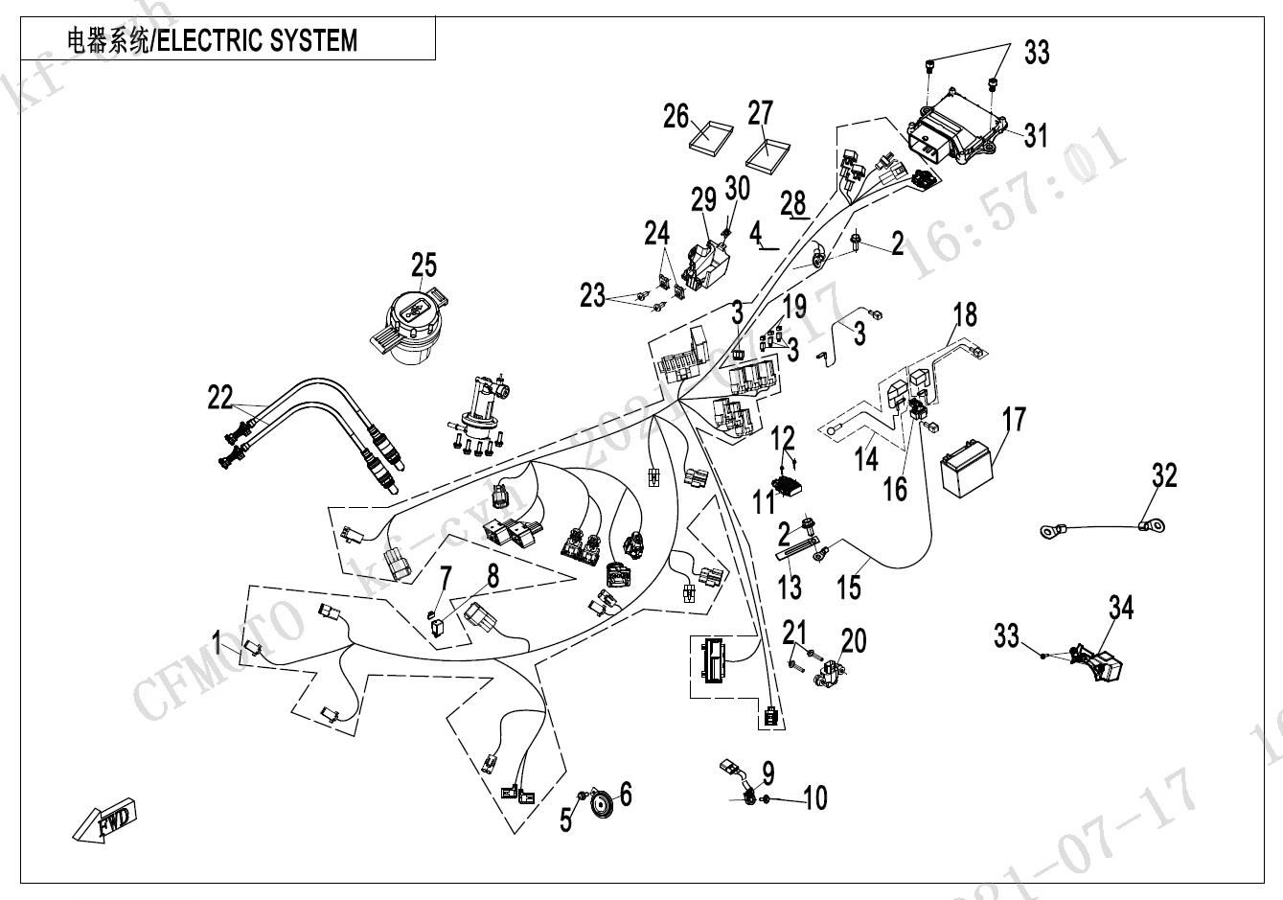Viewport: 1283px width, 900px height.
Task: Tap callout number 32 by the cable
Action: [x=1164, y=474]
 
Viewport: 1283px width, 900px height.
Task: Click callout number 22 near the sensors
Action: [x=219, y=397]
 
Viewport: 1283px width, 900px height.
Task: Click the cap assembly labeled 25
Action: [x=410, y=322]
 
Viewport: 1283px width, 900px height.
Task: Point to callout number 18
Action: [x=965, y=313]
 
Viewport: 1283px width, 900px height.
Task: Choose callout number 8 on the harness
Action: [x=493, y=576]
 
